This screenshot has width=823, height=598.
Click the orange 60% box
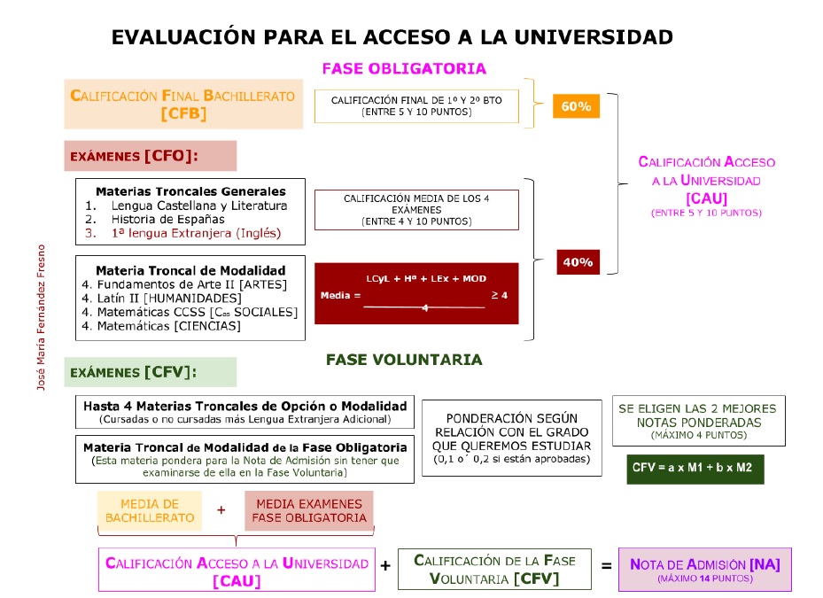(576, 106)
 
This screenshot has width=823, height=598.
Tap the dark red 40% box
(577, 262)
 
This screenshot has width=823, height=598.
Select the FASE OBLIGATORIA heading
(404, 68)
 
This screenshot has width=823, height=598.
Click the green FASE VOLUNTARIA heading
(404, 360)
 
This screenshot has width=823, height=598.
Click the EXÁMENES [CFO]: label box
(150, 156)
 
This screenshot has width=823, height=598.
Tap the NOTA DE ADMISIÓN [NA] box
(704, 569)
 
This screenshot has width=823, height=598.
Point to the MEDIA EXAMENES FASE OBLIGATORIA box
(309, 510)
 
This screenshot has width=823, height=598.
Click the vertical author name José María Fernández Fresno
(40, 318)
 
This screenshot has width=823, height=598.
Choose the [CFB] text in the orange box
(183, 113)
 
